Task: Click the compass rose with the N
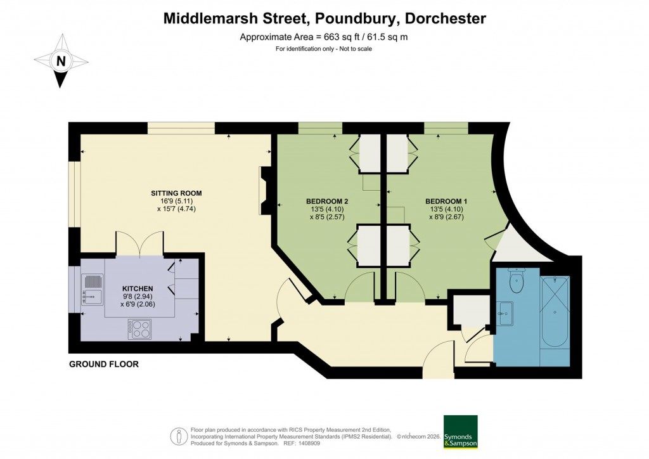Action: pos(61,61)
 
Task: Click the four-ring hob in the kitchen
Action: pos(139,328)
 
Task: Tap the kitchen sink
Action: pos(93,288)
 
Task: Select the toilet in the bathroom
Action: pos(517,282)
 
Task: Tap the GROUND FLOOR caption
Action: pos(104,365)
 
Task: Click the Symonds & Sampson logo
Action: pos(461,432)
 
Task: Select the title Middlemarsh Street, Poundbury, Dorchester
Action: pos(324,18)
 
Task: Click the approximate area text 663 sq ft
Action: pos(324,37)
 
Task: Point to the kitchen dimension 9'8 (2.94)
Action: pos(138,296)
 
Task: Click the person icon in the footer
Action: pos(179,436)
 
